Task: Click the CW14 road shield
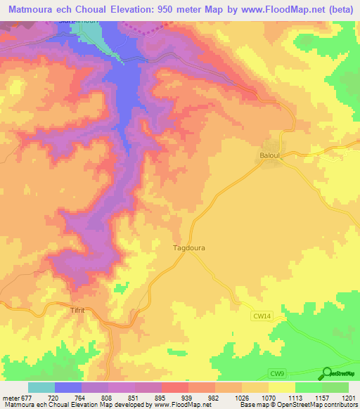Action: point(261,317)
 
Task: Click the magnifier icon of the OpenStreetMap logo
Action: point(327,374)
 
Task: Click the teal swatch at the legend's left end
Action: point(41,388)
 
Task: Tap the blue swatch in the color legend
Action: point(68,388)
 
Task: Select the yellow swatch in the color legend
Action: point(281,388)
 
